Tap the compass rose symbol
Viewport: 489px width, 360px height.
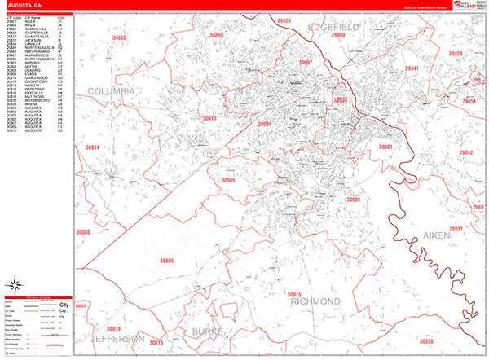tap(15, 284)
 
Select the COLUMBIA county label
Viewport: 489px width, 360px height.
tap(111, 92)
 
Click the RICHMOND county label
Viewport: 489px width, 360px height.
tap(315, 301)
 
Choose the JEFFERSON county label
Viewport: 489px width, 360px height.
tap(117, 337)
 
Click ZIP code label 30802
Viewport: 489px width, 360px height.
tap(120, 38)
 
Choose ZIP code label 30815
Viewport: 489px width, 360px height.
tap(295, 294)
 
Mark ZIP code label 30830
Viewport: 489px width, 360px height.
tap(432, 341)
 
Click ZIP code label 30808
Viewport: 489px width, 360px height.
tap(82, 232)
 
